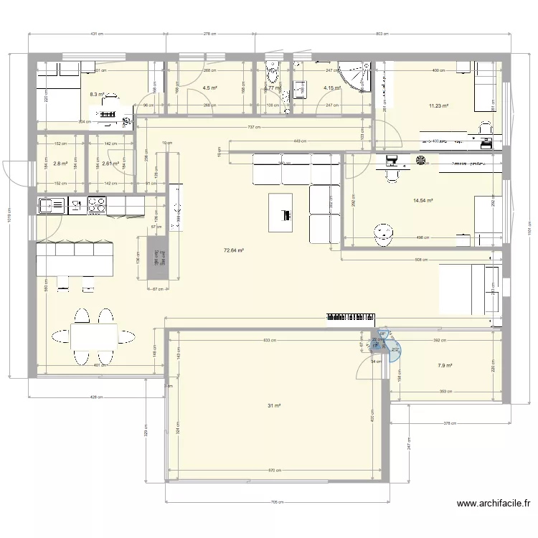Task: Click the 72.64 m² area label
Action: click(234, 250)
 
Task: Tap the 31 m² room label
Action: click(274, 406)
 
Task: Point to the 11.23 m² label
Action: click(438, 106)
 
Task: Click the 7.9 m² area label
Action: click(445, 366)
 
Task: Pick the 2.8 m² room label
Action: click(60, 164)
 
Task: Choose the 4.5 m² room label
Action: click(210, 88)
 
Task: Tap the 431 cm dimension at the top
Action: click(98, 34)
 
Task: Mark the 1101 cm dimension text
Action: click(528, 230)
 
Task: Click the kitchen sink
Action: click(52, 207)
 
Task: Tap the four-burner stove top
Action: click(96, 207)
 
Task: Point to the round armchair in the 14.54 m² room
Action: click(384, 233)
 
